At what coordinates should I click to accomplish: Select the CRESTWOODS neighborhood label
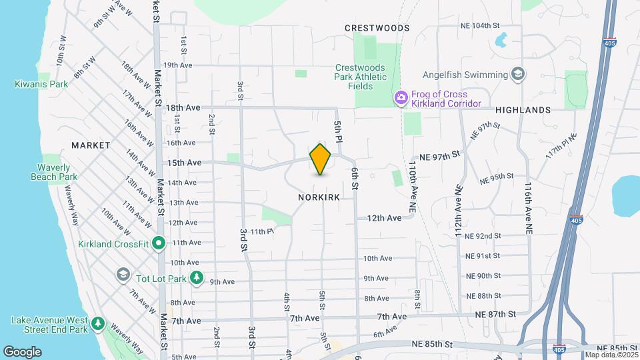pyautogui.click(x=377, y=28)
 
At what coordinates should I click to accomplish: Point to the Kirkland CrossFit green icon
pyautogui.click(x=158, y=244)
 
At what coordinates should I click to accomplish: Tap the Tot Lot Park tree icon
pyautogui.click(x=196, y=277)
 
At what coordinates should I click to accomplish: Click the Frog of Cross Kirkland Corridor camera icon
pyautogui.click(x=401, y=97)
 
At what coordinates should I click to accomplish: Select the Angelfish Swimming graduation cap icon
pyautogui.click(x=517, y=74)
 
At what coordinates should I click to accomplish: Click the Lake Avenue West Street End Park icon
pyautogui.click(x=98, y=324)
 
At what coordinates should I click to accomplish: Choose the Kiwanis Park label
pyautogui.click(x=41, y=85)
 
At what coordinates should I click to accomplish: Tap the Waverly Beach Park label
pyautogui.click(x=54, y=172)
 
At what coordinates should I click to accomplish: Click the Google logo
pyautogui.click(x=22, y=351)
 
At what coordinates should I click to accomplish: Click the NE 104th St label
pyautogui.click(x=480, y=25)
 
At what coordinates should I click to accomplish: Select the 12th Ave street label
pyautogui.click(x=385, y=218)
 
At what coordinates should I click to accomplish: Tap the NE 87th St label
pyautogui.click(x=495, y=314)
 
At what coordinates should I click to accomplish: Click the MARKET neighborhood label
pyautogui.click(x=91, y=145)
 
